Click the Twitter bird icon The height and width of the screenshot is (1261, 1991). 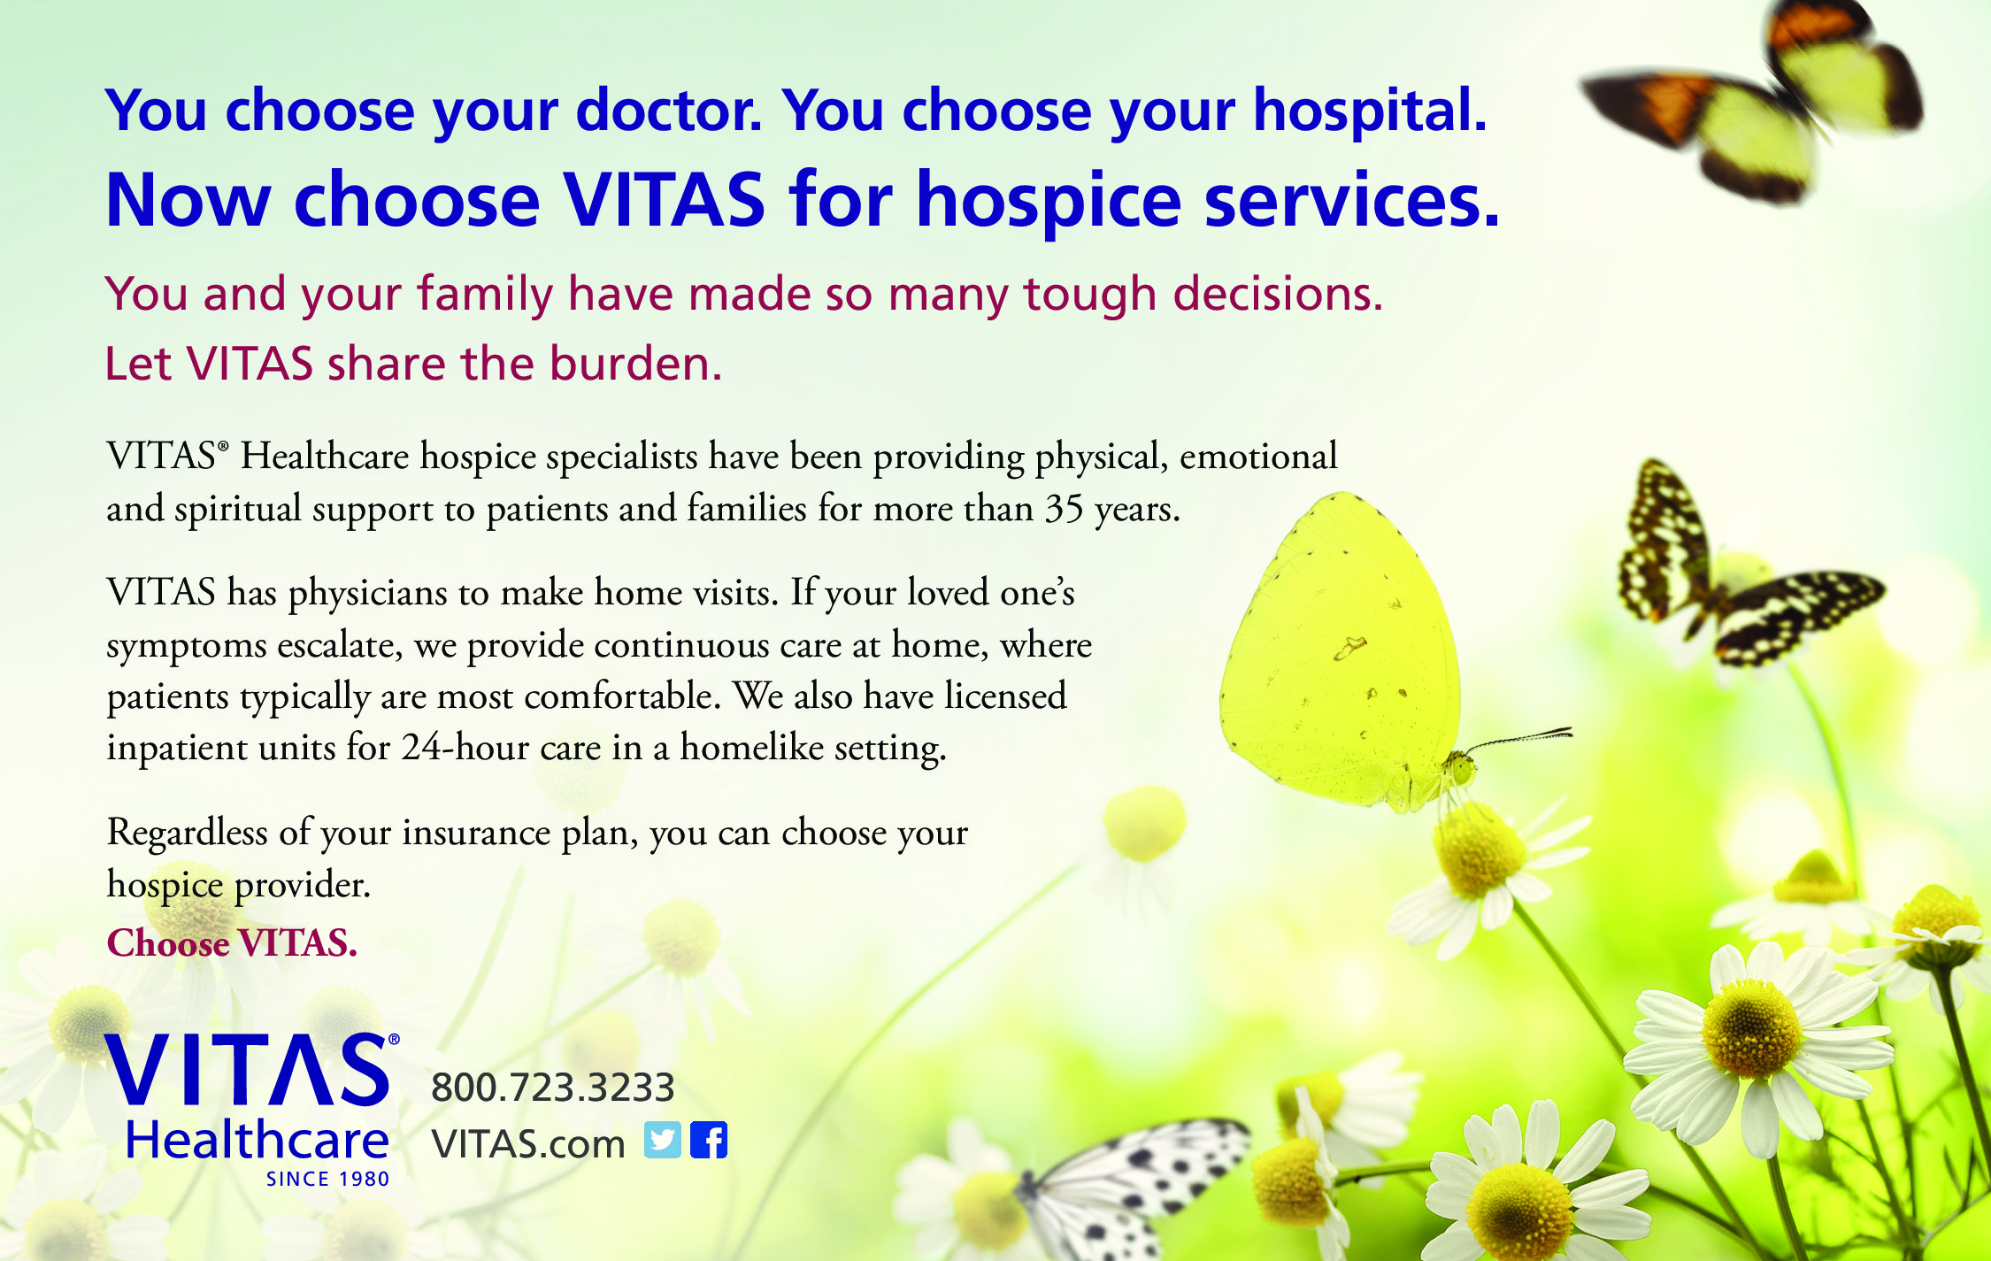point(663,1140)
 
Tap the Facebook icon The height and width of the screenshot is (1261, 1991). point(709,1140)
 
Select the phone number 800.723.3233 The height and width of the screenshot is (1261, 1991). point(553,1088)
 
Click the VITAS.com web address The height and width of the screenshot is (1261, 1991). point(528,1144)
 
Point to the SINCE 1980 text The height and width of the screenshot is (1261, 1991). point(328,1180)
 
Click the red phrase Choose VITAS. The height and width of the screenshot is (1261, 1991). point(232,943)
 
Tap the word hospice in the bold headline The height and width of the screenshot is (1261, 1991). point(1049,202)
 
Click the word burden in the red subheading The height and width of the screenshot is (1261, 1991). point(635,364)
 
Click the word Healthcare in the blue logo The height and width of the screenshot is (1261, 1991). point(258,1141)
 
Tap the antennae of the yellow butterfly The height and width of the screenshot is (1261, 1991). point(1518,739)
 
